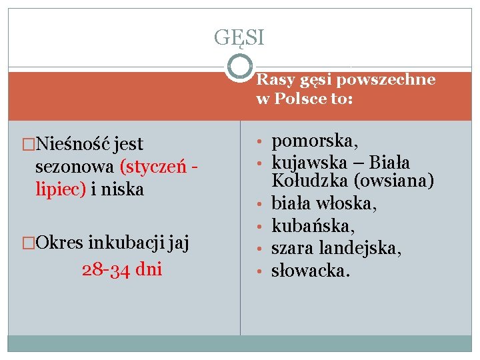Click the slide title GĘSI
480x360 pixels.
tap(239, 37)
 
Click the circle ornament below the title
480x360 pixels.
tap(239, 67)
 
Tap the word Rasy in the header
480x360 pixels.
tap(271, 80)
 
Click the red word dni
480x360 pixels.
tap(147, 270)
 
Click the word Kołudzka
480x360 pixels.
tap(305, 181)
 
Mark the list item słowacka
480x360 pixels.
tap(310, 271)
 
